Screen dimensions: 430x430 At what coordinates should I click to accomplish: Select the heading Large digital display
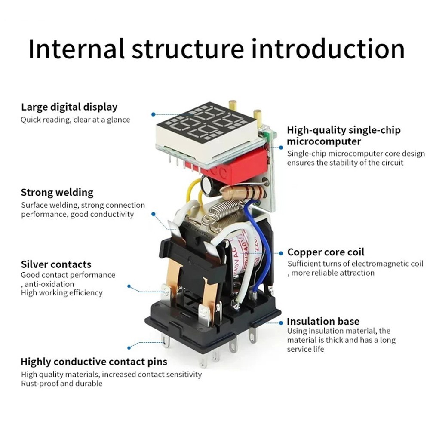(69, 107)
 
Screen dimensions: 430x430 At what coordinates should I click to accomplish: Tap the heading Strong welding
(57, 192)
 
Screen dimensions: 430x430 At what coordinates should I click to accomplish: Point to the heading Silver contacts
(56, 264)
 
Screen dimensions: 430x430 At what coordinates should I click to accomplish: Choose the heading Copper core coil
(326, 252)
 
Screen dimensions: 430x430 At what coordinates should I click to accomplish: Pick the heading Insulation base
(323, 321)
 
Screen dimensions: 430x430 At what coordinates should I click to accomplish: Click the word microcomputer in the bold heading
(324, 141)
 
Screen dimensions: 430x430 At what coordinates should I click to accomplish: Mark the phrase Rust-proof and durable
(62, 383)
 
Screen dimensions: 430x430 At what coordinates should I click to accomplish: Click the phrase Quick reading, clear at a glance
(75, 120)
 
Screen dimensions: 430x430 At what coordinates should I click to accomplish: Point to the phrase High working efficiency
(62, 293)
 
